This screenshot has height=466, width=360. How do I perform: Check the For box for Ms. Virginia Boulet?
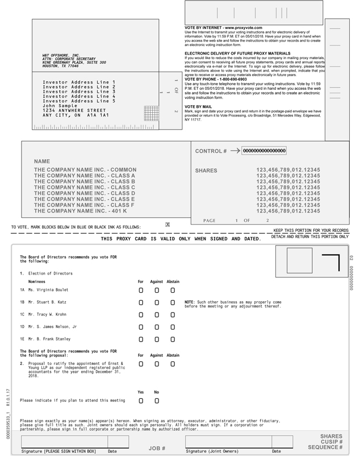141,290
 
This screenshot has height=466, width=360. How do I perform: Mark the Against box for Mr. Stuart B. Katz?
157,302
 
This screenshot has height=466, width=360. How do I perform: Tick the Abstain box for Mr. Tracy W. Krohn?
173,315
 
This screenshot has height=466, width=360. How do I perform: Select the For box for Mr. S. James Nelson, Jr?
141,327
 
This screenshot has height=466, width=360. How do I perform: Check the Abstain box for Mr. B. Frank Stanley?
173,339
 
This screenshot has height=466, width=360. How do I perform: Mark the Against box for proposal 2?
157,364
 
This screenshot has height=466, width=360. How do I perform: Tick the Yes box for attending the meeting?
141,401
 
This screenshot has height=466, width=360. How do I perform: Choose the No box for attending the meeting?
157,401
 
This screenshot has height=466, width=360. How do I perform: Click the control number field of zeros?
264,151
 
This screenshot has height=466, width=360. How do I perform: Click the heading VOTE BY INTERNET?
224,28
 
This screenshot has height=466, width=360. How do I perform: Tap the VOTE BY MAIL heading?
198,106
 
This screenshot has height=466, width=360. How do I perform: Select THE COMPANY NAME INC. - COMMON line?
85,170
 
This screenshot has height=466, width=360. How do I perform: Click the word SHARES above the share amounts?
206,170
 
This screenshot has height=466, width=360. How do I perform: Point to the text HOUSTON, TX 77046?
61,66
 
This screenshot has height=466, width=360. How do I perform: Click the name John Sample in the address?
60,106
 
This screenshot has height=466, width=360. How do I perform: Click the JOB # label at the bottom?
157,448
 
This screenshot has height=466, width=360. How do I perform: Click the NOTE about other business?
233,304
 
